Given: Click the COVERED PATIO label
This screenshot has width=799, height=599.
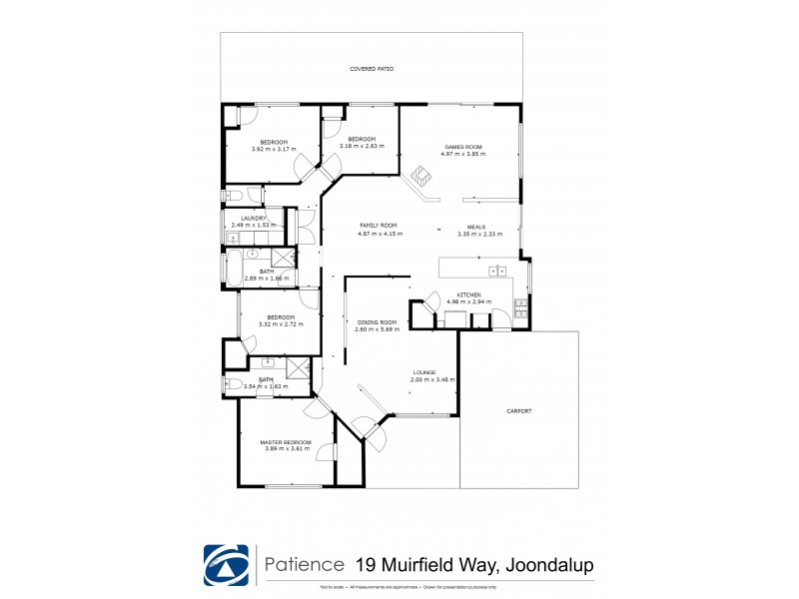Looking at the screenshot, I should pos(371,69).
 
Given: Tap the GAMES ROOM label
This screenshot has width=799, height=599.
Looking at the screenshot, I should pos(464,147).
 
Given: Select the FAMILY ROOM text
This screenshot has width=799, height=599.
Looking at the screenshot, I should pos(379,226).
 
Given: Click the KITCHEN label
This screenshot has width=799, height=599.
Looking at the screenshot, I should pos(469,296).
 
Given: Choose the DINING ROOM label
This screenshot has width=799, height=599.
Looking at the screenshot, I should pos(377,322).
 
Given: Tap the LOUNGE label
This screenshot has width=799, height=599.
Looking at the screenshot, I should pos(425,372).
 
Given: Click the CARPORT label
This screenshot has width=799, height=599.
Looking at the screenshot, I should pos(518,410).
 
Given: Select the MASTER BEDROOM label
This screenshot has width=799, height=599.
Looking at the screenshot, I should pos(286,442).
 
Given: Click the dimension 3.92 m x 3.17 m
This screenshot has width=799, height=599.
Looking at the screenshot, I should pos(274,148).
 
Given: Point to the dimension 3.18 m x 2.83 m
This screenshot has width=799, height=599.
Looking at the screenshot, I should pos(361,146).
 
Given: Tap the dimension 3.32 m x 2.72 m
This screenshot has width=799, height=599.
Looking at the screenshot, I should pos(280,324).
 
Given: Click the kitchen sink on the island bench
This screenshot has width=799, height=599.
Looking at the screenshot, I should pos(494,271).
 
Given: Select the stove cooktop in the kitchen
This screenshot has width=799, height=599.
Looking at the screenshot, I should pos(520,308).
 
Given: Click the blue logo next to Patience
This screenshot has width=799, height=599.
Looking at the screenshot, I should pos(226,566).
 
